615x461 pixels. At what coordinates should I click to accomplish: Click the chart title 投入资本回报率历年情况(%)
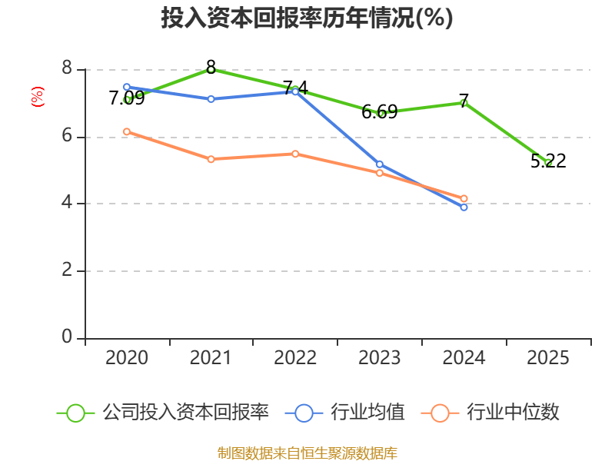pos(307,18)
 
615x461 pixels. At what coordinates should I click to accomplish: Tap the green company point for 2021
pos(211,69)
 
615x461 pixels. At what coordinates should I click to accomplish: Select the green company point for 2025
pos(548,162)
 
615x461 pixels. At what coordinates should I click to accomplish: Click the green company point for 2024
pos(464,102)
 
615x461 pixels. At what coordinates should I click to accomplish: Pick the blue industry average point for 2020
pos(127,87)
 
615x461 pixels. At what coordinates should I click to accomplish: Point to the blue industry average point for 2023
pos(380,164)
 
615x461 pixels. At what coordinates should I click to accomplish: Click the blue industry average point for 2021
pos(211,99)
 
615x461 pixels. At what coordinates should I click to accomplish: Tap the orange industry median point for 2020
pos(127,131)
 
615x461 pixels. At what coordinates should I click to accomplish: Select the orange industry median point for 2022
pos(295,154)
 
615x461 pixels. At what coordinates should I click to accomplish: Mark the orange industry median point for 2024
pos(464,198)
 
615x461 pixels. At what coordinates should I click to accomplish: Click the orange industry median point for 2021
pos(211,159)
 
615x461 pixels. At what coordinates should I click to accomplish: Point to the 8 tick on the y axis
pos(67,69)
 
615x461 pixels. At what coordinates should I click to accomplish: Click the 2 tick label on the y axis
pos(67,270)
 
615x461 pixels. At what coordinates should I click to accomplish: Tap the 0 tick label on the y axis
pos(67,337)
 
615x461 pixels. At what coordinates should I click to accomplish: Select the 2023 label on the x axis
pos(380,358)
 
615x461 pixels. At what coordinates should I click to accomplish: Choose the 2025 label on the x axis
pos(548,358)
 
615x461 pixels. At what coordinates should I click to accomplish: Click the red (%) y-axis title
pos(37,97)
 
